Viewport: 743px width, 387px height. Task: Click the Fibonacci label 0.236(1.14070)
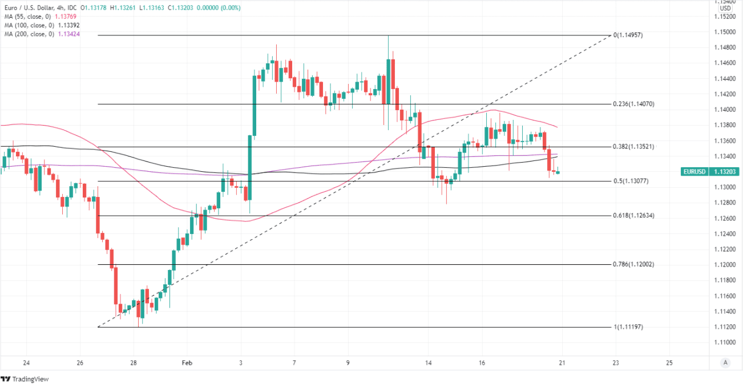point(633,104)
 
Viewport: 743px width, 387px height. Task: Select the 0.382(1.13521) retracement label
point(633,147)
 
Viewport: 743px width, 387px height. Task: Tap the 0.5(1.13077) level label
point(631,181)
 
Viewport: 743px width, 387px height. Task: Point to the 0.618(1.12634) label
point(633,216)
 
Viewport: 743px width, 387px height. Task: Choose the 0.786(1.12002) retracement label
point(633,264)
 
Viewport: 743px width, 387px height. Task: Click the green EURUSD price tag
point(711,171)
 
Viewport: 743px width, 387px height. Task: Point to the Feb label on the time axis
point(187,362)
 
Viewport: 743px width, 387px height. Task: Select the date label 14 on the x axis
point(429,362)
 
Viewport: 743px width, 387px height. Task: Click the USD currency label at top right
point(725,8)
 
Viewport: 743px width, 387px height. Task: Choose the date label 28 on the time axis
point(133,362)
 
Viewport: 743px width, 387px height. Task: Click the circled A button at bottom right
point(725,362)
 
